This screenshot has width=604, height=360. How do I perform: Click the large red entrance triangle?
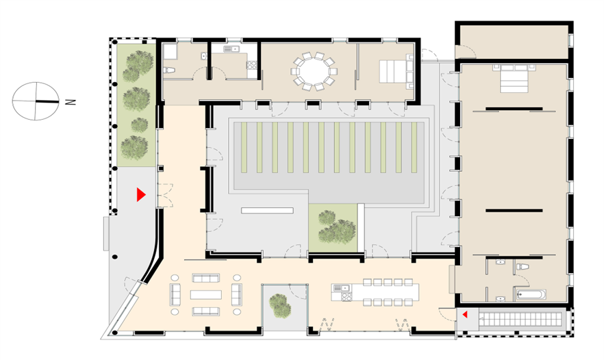click(141, 195)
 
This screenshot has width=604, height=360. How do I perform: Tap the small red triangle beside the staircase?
click(465, 315)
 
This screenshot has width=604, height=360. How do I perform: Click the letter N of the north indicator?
click(71, 102)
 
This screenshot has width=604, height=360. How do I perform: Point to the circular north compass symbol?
click(36, 101)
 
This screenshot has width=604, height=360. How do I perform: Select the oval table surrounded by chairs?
click(314, 72)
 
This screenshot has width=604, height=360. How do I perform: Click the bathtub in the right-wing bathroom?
click(531, 294)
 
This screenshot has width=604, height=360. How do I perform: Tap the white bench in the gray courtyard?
click(267, 211)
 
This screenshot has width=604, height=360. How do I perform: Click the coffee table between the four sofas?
click(205, 294)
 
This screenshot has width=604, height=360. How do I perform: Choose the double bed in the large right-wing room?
click(515, 79)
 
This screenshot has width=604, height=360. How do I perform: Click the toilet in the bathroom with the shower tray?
click(169, 70)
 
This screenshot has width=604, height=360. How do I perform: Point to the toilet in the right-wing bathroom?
click(523, 266)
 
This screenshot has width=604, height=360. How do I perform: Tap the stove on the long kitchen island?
click(347, 297)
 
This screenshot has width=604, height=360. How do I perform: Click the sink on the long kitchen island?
click(338, 287)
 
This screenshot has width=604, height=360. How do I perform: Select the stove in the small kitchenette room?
click(252, 65)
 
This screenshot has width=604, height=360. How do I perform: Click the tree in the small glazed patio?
click(280, 306)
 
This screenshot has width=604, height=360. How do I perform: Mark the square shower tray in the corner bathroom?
click(170, 51)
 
